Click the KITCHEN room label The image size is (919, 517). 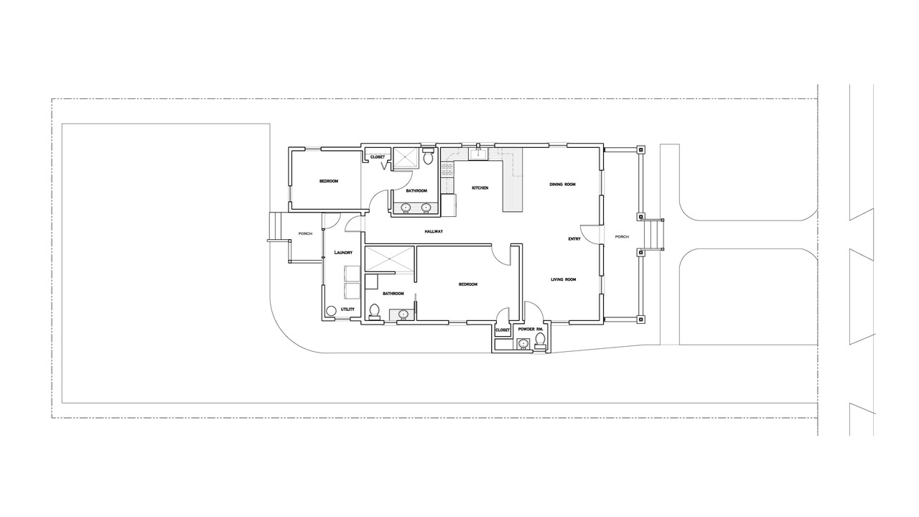tap(480, 188)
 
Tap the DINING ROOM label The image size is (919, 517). tap(562, 185)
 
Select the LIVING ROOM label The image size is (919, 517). tap(564, 279)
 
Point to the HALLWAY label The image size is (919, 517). tap(434, 232)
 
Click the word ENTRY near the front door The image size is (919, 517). tap(574, 239)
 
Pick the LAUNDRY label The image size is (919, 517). tap(343, 252)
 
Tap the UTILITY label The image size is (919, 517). tap(347, 309)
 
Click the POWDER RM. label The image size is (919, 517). tap(531, 330)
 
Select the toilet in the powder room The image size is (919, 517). tap(541, 341)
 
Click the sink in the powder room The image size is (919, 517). tap(523, 343)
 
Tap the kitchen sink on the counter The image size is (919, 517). tap(478, 154)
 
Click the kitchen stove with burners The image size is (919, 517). tap(447, 169)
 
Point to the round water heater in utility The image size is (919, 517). tap(331, 311)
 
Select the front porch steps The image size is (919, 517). tap(653, 234)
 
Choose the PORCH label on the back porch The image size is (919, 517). tap(305, 234)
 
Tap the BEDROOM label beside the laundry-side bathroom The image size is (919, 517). tap(467, 284)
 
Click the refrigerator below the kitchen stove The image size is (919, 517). tap(449, 205)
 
